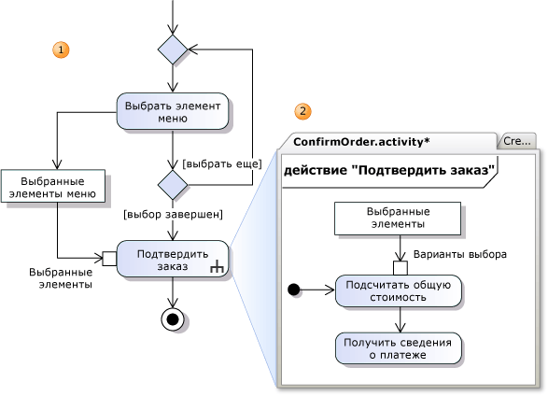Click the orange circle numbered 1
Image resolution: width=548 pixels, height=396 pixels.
[61, 49]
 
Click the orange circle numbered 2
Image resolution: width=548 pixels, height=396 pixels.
[302, 111]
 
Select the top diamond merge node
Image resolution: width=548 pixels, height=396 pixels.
[173, 49]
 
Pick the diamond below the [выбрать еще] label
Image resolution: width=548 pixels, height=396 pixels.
[173, 185]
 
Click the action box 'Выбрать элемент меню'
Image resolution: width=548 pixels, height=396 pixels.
[173, 111]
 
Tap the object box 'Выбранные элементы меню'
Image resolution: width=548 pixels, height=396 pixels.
[53, 186]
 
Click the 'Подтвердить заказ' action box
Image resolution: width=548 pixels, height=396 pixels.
[173, 259]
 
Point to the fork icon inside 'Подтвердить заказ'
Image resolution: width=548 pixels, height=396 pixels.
[217, 267]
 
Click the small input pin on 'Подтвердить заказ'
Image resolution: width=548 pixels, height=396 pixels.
[109, 259]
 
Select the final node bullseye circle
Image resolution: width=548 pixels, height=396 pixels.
[173, 319]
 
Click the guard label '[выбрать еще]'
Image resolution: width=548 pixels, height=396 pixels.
[222, 163]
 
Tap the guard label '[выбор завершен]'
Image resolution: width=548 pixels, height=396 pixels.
[173, 214]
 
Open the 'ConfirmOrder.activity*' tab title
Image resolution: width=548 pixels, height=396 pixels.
[361, 142]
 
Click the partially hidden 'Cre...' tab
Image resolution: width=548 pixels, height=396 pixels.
[517, 141]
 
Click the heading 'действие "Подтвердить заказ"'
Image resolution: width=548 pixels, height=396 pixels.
[389, 170]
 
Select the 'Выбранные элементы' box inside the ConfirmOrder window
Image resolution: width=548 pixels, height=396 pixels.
[398, 219]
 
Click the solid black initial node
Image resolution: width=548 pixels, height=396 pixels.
[293, 290]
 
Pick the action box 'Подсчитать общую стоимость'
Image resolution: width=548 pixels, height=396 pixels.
[399, 291]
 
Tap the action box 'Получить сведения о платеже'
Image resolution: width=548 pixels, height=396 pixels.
[399, 348]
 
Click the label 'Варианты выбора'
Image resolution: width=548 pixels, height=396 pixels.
[460, 254]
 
